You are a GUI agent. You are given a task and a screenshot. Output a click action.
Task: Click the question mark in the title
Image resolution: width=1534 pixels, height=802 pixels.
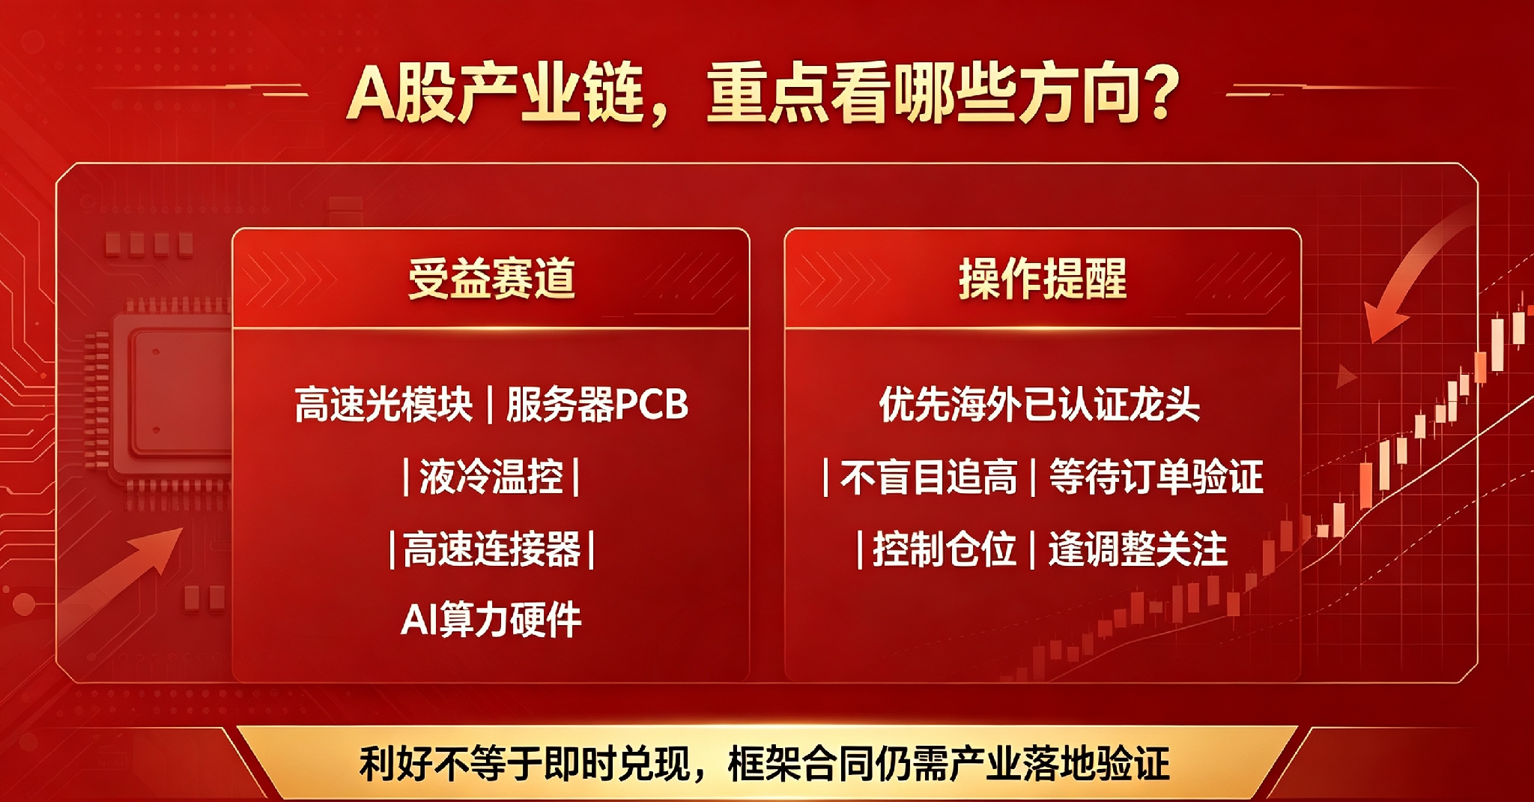click(1156, 94)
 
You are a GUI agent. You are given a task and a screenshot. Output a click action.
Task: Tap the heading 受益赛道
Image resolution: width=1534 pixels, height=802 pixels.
click(491, 278)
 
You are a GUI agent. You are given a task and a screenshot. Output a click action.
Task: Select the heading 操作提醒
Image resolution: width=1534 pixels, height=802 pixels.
click(1043, 278)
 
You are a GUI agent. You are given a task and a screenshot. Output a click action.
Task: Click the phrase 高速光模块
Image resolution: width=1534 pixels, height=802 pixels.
click(383, 405)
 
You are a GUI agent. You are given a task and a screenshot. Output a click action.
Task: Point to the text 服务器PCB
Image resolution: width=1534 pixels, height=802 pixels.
click(597, 405)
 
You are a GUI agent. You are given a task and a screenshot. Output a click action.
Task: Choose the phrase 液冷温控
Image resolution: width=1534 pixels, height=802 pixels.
click(491, 477)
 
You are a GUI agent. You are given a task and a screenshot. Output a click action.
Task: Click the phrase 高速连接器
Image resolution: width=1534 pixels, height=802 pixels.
click(492, 549)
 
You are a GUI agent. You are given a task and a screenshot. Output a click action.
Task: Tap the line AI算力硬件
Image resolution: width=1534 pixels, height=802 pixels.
click(491, 620)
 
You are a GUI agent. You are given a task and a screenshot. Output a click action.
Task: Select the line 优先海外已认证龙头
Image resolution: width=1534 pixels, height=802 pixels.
click(1040, 405)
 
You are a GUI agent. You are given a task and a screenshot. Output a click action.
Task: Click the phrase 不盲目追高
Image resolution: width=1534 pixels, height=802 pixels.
click(929, 477)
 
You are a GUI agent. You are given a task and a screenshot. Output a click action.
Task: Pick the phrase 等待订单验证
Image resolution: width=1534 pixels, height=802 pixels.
click(1156, 477)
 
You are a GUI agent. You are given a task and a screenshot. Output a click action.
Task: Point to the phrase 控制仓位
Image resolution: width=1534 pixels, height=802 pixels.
click(945, 549)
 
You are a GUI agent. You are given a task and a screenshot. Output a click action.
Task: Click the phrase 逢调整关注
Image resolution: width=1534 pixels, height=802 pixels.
click(1138, 549)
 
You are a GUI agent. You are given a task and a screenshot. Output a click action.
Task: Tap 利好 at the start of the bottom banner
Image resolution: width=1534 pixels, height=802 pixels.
click(395, 764)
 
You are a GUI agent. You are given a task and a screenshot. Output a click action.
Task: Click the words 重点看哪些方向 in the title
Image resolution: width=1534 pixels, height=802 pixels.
click(917, 94)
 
